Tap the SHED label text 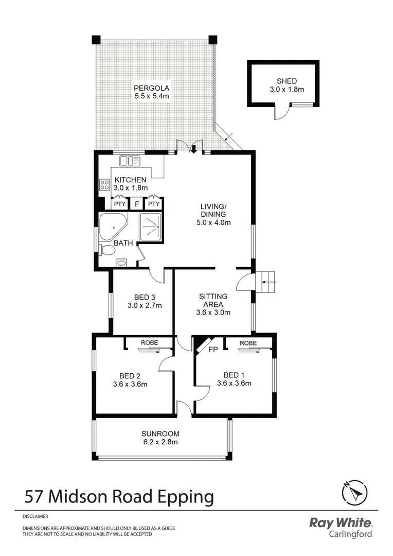point(287,81)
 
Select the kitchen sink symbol point(130,161)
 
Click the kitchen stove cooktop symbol point(104,184)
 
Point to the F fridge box point(136,204)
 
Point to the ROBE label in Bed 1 point(248,342)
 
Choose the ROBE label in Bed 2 point(149,342)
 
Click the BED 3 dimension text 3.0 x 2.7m point(145,305)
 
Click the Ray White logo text point(340,523)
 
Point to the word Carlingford point(350,534)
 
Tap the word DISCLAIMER point(35,515)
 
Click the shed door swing point(281,113)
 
